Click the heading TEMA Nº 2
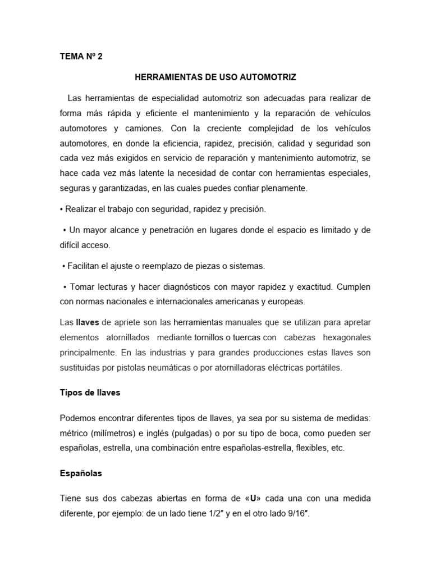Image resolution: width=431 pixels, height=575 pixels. click(81, 57)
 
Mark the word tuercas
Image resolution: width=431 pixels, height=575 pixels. click(246, 337)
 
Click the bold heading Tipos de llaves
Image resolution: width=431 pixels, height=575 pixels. click(90, 393)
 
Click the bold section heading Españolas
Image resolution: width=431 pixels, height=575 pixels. click(81, 473)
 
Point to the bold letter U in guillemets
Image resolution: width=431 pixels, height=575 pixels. click(253, 498)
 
